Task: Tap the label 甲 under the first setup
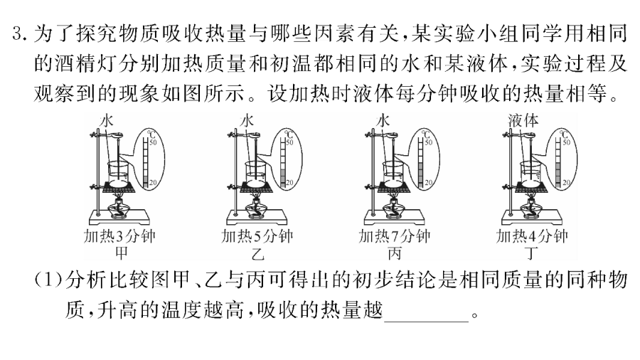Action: (x=121, y=253)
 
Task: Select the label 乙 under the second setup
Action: (x=257, y=254)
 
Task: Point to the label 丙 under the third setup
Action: (x=394, y=254)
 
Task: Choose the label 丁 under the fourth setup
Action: (x=531, y=254)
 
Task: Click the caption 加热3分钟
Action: (x=119, y=236)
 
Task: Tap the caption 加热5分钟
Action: (x=257, y=236)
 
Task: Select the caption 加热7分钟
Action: (x=394, y=236)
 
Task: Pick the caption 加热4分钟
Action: (x=531, y=236)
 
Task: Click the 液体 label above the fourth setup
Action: (x=523, y=120)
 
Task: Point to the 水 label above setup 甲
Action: (x=107, y=121)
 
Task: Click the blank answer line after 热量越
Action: (x=427, y=322)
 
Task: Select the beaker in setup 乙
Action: (x=257, y=174)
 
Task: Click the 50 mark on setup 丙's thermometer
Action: (x=429, y=142)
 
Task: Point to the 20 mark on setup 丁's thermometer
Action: (x=567, y=182)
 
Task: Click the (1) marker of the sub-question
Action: (x=48, y=280)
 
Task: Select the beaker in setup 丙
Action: (x=394, y=174)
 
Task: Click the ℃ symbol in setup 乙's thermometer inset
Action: (x=289, y=134)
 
